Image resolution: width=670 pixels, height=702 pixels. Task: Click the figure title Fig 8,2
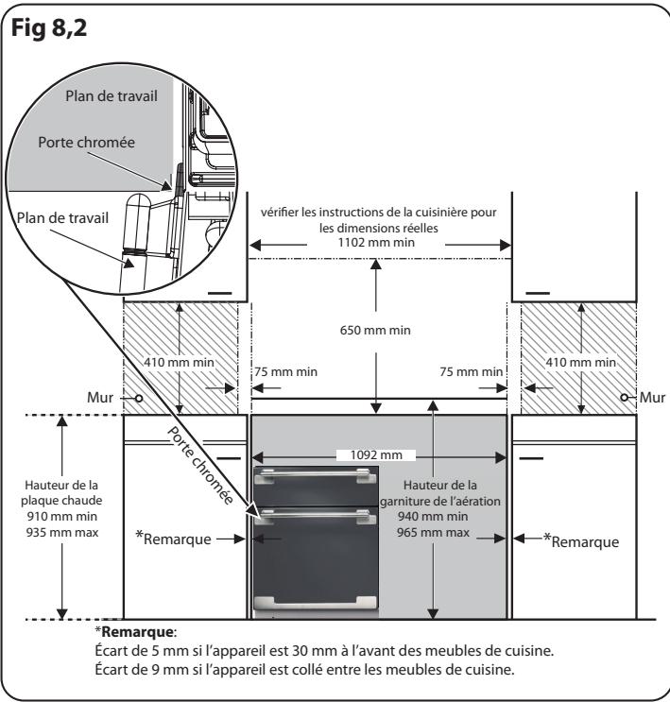[49, 28]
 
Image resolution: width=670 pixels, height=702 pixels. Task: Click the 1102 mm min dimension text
[376, 243]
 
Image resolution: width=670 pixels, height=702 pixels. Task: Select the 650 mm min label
[375, 331]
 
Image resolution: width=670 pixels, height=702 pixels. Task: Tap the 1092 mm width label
[376, 454]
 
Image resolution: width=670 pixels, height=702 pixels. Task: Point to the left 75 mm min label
[285, 371]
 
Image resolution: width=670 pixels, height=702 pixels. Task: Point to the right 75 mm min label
[472, 371]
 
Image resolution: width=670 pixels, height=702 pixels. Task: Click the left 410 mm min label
[180, 362]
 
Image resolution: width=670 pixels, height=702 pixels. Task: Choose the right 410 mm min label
[581, 362]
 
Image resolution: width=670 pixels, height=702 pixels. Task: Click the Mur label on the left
[100, 397]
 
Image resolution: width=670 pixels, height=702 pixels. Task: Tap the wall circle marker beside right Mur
[625, 398]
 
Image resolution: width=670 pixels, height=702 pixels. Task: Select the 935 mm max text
[62, 532]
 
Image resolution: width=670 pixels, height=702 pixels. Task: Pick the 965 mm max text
[433, 532]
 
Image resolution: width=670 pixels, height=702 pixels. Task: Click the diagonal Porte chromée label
[200, 465]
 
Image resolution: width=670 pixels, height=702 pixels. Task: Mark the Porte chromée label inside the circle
[86, 143]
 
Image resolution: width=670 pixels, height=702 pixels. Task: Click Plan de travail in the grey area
[112, 95]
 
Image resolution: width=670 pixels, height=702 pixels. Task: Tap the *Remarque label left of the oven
[173, 539]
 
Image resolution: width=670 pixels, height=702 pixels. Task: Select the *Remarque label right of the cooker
[581, 540]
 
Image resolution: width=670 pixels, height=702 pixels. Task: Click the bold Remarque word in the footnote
[137, 632]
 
